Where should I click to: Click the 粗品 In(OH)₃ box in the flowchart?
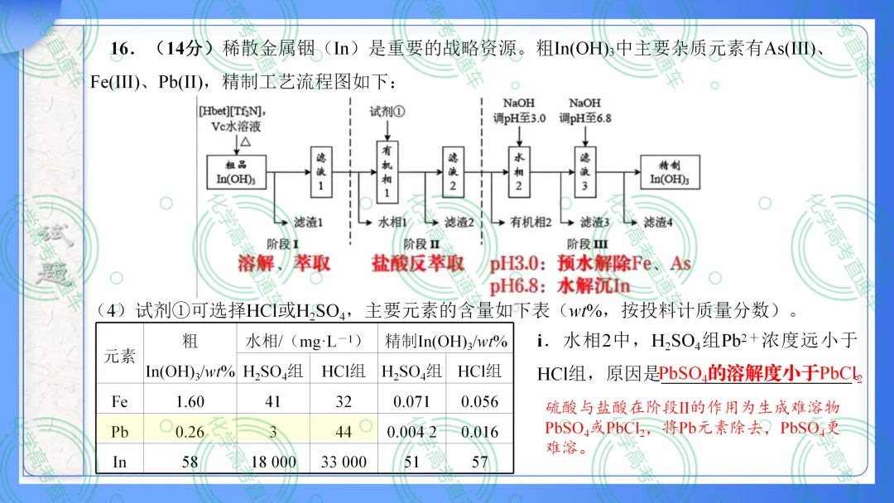point(236,172)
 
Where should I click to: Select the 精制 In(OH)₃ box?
point(670,172)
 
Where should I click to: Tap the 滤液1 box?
point(321,172)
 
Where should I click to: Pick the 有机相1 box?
point(387,172)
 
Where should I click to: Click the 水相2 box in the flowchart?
point(519,172)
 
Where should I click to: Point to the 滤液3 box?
point(585,172)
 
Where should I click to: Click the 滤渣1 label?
point(309,223)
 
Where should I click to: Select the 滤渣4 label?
point(658,223)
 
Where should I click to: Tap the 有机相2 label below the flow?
point(531,223)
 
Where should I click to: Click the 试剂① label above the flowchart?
point(387,112)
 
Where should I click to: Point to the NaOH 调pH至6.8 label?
point(585,111)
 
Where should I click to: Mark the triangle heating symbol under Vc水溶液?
point(245,141)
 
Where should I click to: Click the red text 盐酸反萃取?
point(417,264)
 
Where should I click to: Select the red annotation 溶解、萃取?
point(283,263)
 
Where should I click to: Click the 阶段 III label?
point(587,244)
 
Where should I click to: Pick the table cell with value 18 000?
point(273,462)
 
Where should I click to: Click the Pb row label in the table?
point(119,432)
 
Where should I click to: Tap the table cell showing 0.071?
point(411,401)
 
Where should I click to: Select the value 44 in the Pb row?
point(344,432)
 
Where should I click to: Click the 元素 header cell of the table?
point(120,356)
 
